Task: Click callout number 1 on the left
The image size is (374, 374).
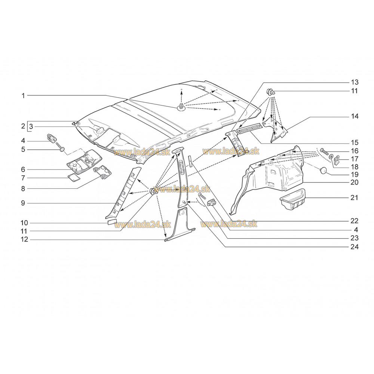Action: (23, 96)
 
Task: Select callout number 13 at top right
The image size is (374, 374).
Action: (355, 82)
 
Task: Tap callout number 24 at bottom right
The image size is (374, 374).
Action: (355, 246)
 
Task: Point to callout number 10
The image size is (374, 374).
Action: (24, 223)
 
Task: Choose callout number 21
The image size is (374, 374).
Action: (354, 198)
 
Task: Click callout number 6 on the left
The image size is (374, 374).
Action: (23, 169)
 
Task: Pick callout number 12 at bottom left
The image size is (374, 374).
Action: (24, 239)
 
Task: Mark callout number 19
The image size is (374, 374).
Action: (355, 175)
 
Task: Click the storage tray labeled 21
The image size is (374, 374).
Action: (292, 199)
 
